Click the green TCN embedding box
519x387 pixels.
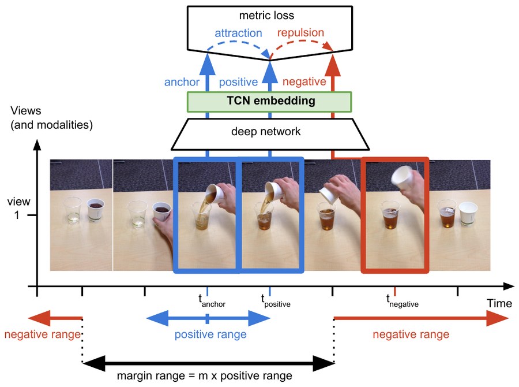[x=269, y=102]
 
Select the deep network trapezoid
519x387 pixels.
[x=270, y=134]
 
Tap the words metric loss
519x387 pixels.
[x=266, y=16]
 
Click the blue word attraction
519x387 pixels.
[x=238, y=33]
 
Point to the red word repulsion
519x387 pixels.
[x=300, y=32]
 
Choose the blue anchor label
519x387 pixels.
[x=182, y=82]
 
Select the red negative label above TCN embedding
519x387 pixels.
[x=304, y=81]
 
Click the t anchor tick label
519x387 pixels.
[x=212, y=301]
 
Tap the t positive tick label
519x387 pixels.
[x=276, y=301]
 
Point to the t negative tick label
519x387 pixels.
[x=402, y=301]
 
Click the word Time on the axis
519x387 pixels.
[x=499, y=303]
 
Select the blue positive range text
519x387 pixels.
[x=210, y=334]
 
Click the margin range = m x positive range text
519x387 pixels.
[x=205, y=375]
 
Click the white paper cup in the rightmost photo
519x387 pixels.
[x=468, y=214]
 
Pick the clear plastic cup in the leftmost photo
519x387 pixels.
[x=72, y=210]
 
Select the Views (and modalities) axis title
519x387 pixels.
[x=52, y=118]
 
